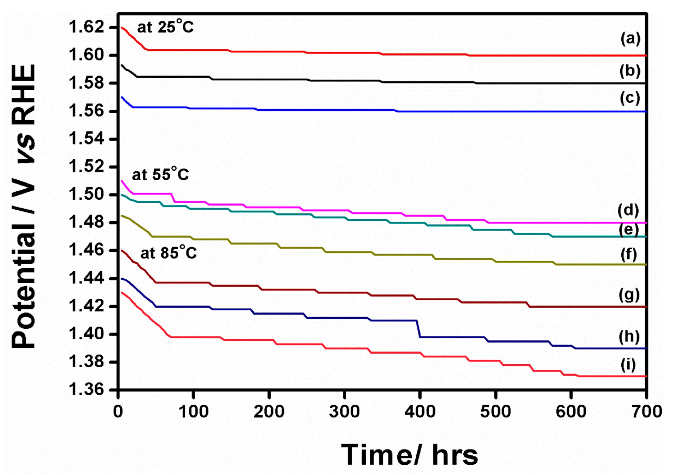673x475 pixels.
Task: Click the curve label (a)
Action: pyautogui.click(x=631, y=39)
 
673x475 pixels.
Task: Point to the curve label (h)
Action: pyautogui.click(x=629, y=337)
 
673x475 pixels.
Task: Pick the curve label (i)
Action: pyautogui.click(x=628, y=365)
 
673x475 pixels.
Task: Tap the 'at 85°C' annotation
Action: pyautogui.click(x=168, y=253)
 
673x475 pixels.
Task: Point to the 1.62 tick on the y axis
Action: pyautogui.click(x=86, y=27)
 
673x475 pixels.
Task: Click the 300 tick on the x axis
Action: pyautogui.click(x=344, y=411)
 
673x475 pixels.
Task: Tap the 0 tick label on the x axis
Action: pyautogui.click(x=118, y=411)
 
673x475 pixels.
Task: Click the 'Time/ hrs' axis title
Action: pyautogui.click(x=409, y=455)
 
